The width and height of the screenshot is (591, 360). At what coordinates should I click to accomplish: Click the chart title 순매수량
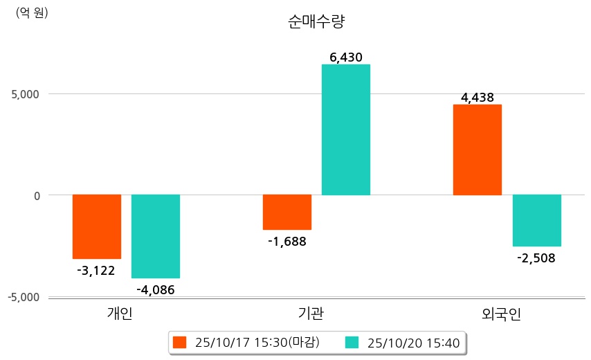pos(316,21)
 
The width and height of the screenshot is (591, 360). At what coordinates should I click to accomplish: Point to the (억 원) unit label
pos(32,13)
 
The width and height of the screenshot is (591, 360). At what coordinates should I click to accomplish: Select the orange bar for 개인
pos(97,226)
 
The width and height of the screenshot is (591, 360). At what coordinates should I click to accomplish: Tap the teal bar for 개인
pos(156,236)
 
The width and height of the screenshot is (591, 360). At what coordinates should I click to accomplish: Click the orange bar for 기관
pos(287,212)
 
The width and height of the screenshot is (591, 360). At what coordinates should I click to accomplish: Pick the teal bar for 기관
pos(346,129)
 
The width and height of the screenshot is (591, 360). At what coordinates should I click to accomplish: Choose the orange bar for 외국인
pos(478,150)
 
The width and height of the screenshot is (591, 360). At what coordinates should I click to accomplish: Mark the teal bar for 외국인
pos(536,220)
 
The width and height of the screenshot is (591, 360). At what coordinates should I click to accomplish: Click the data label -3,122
pos(96,270)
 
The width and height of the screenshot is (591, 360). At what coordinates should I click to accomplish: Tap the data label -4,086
pos(156,289)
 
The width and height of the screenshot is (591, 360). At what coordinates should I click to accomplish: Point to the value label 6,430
pos(346,57)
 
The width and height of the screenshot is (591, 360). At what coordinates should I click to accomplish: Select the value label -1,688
pos(287,242)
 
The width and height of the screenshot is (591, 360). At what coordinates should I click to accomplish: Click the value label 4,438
pos(478,98)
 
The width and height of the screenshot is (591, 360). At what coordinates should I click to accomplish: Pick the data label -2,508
pos(536,258)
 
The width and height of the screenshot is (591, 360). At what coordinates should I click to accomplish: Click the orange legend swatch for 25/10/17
pos(180,343)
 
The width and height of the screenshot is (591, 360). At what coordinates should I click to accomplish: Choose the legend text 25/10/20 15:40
pos(413,343)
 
